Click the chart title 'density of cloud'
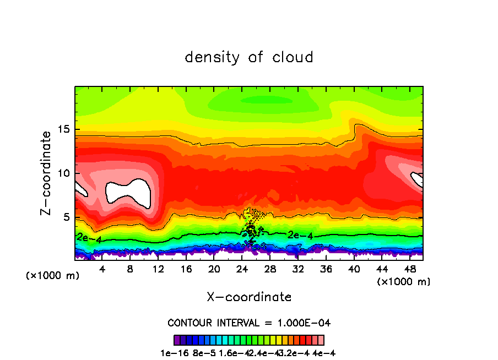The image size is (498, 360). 249,57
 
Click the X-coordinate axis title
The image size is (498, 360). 249,297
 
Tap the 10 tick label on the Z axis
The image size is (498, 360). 62,173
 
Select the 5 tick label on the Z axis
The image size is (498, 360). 66,217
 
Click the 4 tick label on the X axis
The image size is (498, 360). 102,269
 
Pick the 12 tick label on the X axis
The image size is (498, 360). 158,269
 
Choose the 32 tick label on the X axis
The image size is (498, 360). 297,269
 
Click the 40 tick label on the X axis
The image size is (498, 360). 354,269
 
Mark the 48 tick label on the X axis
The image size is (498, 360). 409,269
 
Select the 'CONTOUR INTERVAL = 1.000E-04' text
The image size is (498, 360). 249,323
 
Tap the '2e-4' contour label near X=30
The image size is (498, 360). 300,236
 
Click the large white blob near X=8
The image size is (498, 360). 128,193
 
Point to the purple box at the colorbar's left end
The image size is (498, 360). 177,340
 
